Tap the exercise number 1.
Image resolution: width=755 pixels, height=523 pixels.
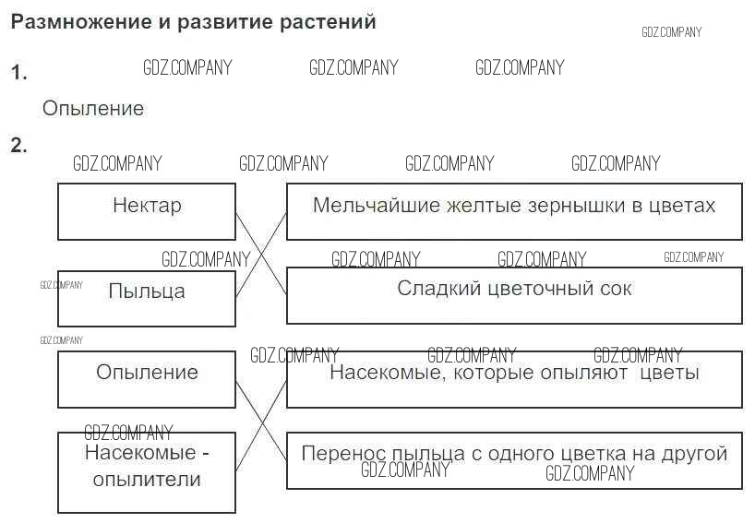coord(19,74)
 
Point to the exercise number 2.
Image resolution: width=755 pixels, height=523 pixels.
coord(19,146)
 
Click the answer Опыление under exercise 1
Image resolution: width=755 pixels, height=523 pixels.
coord(93,109)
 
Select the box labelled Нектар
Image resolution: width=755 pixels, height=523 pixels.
coord(147,211)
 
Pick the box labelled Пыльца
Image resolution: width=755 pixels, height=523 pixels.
coord(147,298)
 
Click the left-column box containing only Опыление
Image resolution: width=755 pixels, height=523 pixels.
coord(147,379)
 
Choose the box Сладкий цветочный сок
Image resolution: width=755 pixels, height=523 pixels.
coord(514,295)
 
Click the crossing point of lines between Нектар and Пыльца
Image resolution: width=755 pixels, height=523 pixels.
coord(261,255)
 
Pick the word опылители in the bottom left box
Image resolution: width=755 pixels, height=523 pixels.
coord(147,480)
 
